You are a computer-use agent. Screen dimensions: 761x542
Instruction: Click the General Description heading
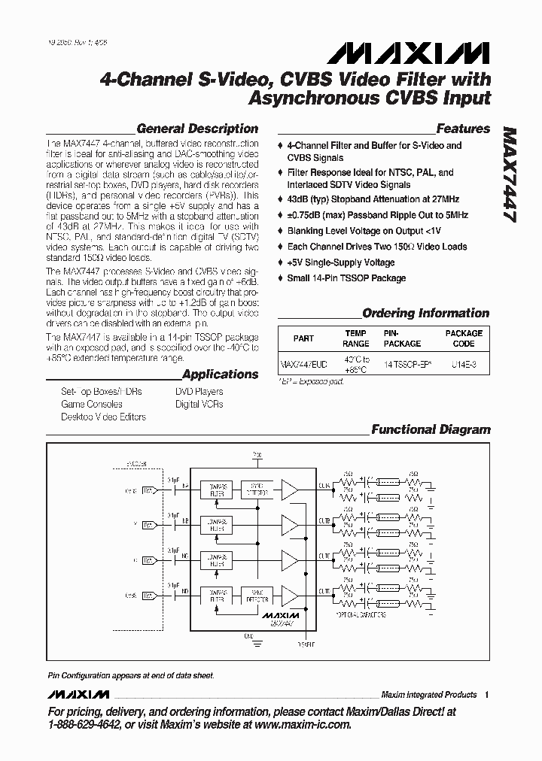coord(197,129)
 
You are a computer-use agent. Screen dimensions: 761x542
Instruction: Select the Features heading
coord(463,129)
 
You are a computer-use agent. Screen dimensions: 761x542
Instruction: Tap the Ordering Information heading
coord(425,313)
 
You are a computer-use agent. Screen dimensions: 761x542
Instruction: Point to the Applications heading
coord(220,374)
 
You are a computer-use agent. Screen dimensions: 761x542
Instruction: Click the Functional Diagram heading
coord(431,430)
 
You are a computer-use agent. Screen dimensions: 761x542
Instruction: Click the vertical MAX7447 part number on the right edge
coord(509,172)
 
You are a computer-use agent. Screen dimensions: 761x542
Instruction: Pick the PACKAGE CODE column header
coord(464,338)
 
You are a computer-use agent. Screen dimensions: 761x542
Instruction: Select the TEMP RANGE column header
coord(356,338)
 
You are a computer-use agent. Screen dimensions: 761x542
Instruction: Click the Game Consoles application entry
coord(92,404)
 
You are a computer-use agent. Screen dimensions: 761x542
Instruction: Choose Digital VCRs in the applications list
coord(199,404)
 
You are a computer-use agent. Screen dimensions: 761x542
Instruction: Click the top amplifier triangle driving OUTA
coord(290,490)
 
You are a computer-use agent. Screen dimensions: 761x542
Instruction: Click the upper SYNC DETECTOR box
coord(257,490)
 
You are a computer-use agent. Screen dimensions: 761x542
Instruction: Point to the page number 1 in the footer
coord(487,694)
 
